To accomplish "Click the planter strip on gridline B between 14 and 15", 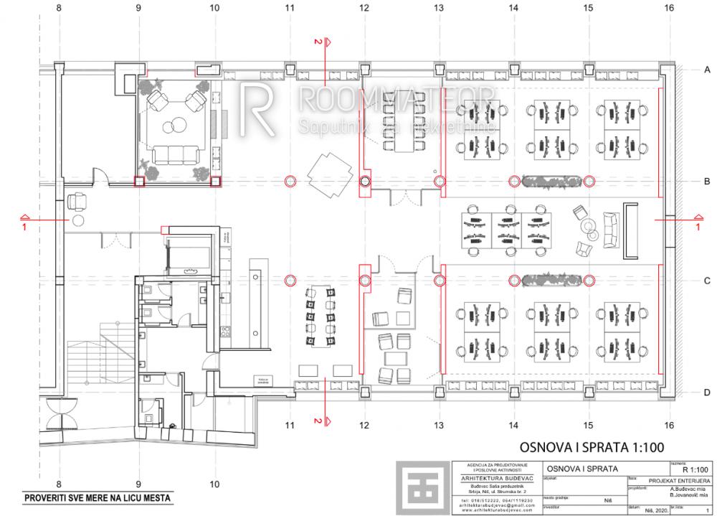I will pyautogui.click(x=549, y=180).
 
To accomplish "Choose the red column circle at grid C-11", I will pyautogui.click(x=290, y=280).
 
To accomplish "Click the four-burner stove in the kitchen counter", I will pyautogui.click(x=225, y=331).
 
